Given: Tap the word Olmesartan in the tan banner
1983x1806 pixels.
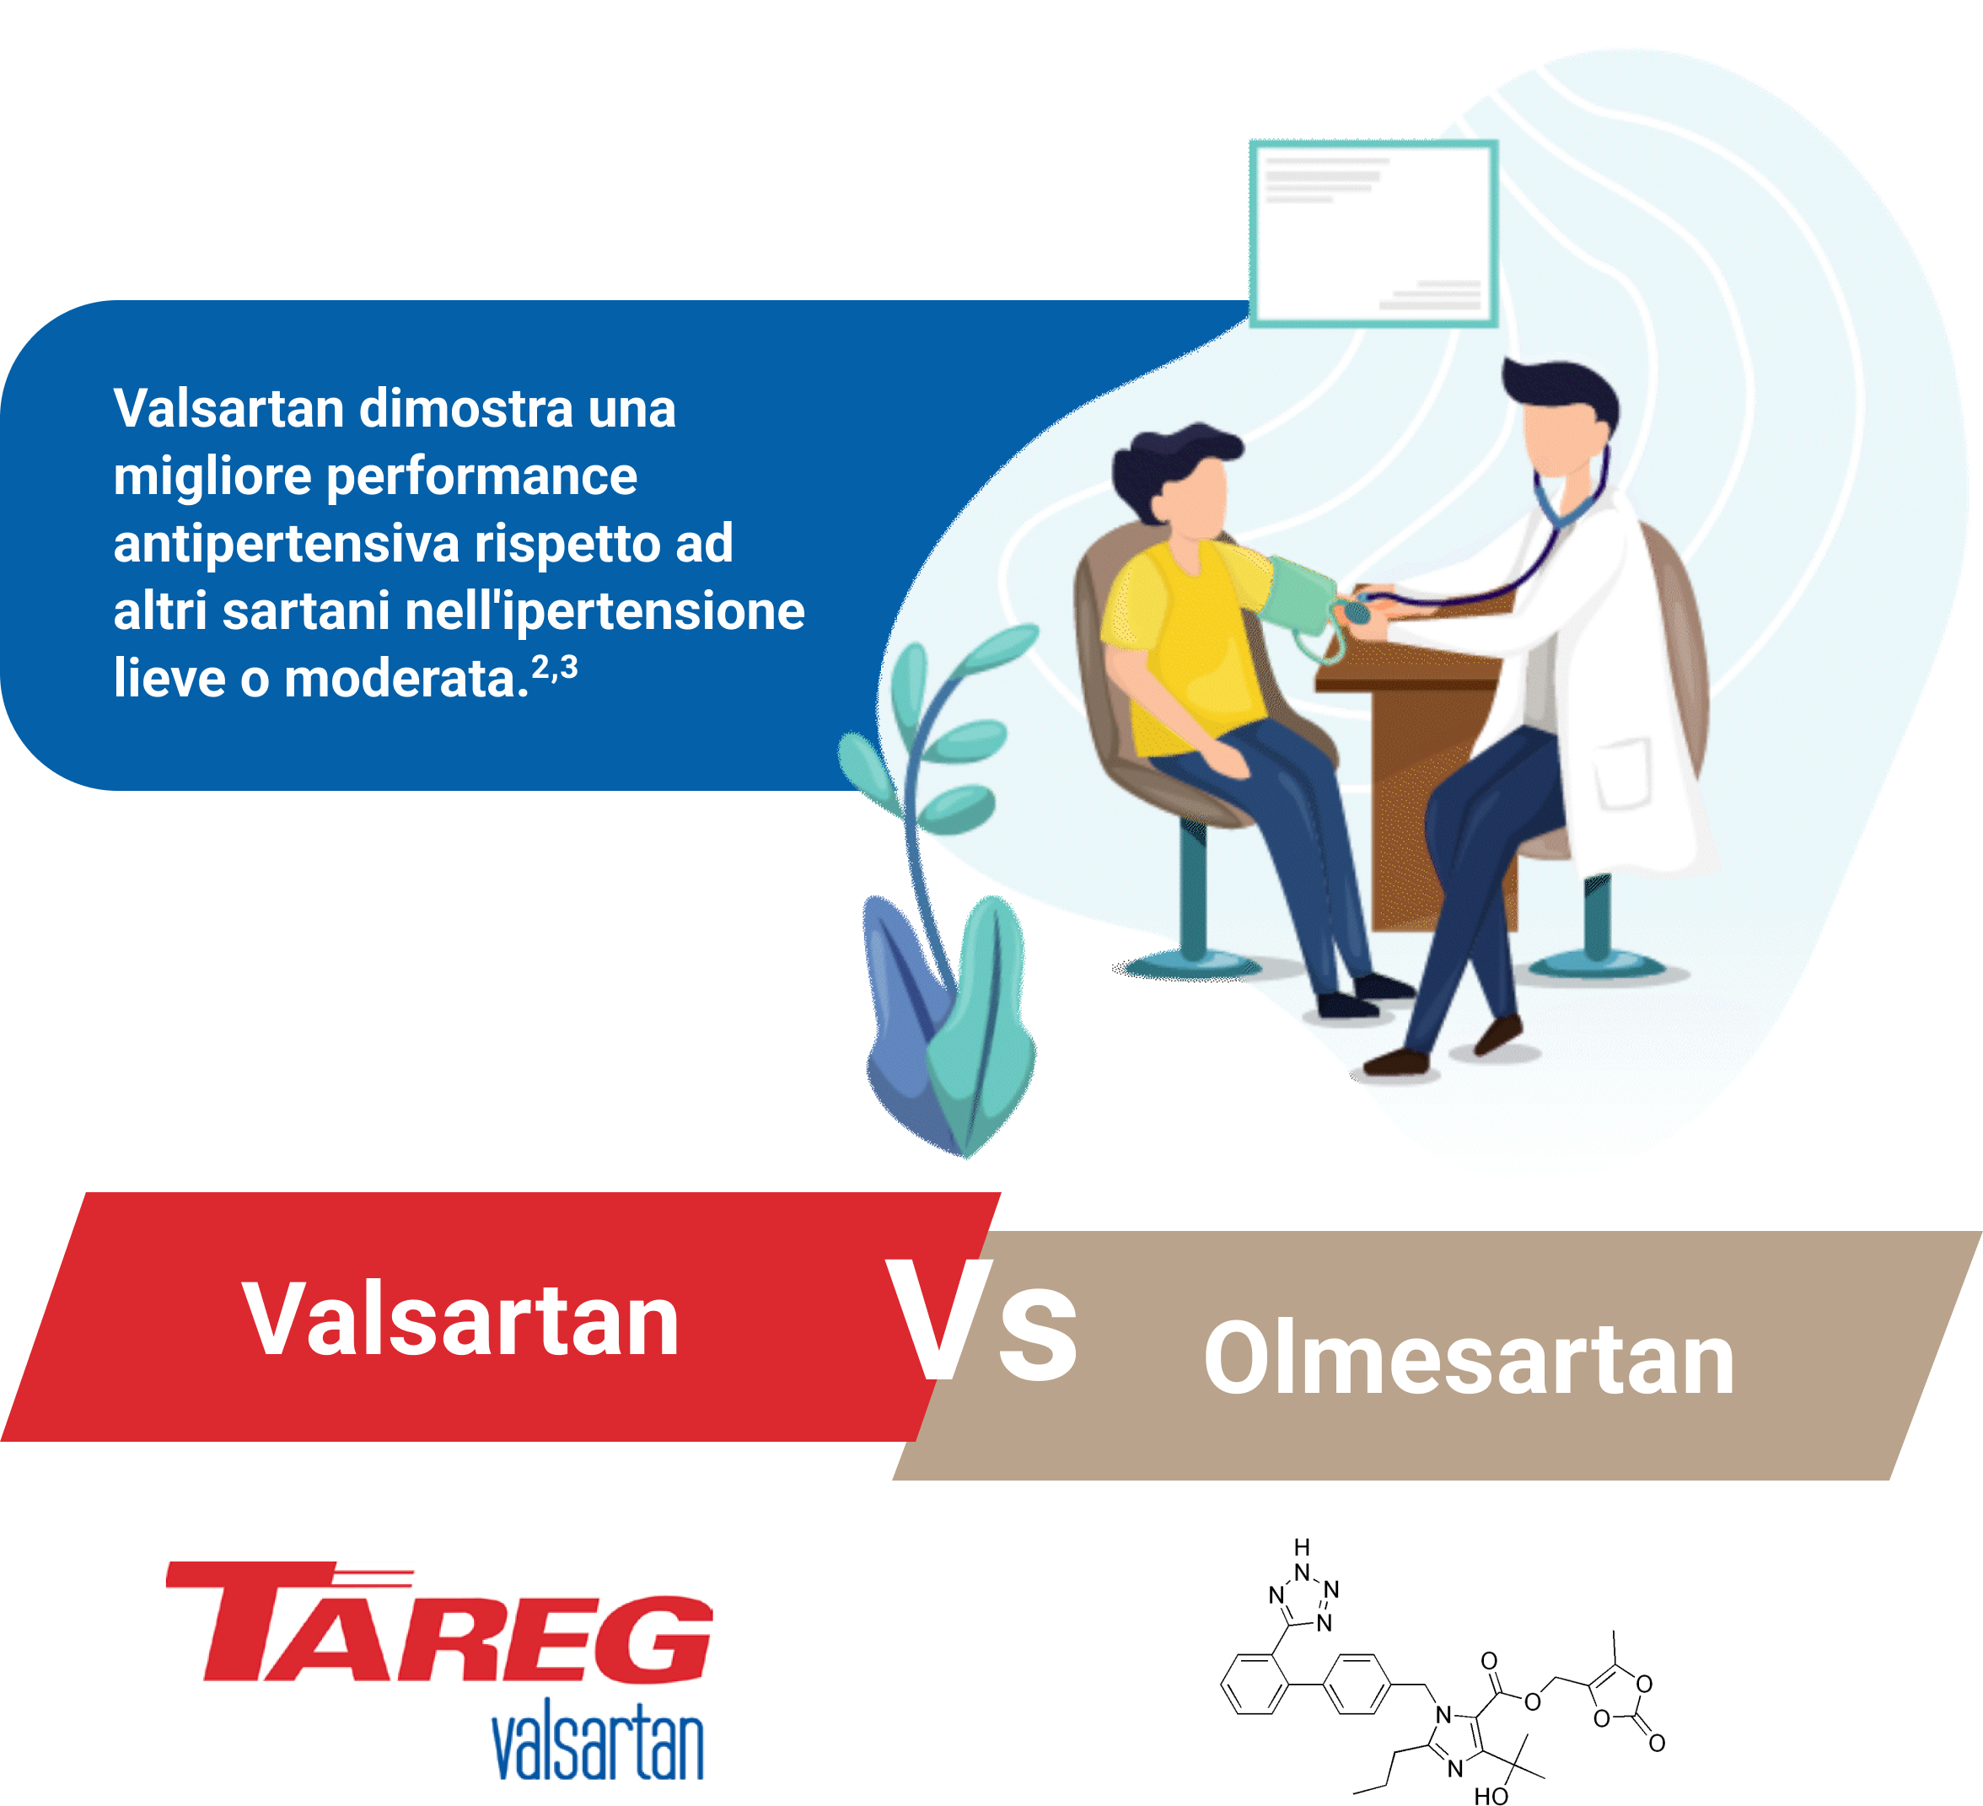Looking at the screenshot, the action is [x=1470, y=1357].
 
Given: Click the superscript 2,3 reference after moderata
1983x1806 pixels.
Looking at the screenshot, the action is [x=555, y=668].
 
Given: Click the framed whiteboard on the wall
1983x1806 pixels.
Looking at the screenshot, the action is [x=1374, y=233].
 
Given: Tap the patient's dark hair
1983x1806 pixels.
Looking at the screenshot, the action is [x=1170, y=468].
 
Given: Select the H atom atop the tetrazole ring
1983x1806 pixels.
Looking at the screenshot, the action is [x=1303, y=1547].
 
